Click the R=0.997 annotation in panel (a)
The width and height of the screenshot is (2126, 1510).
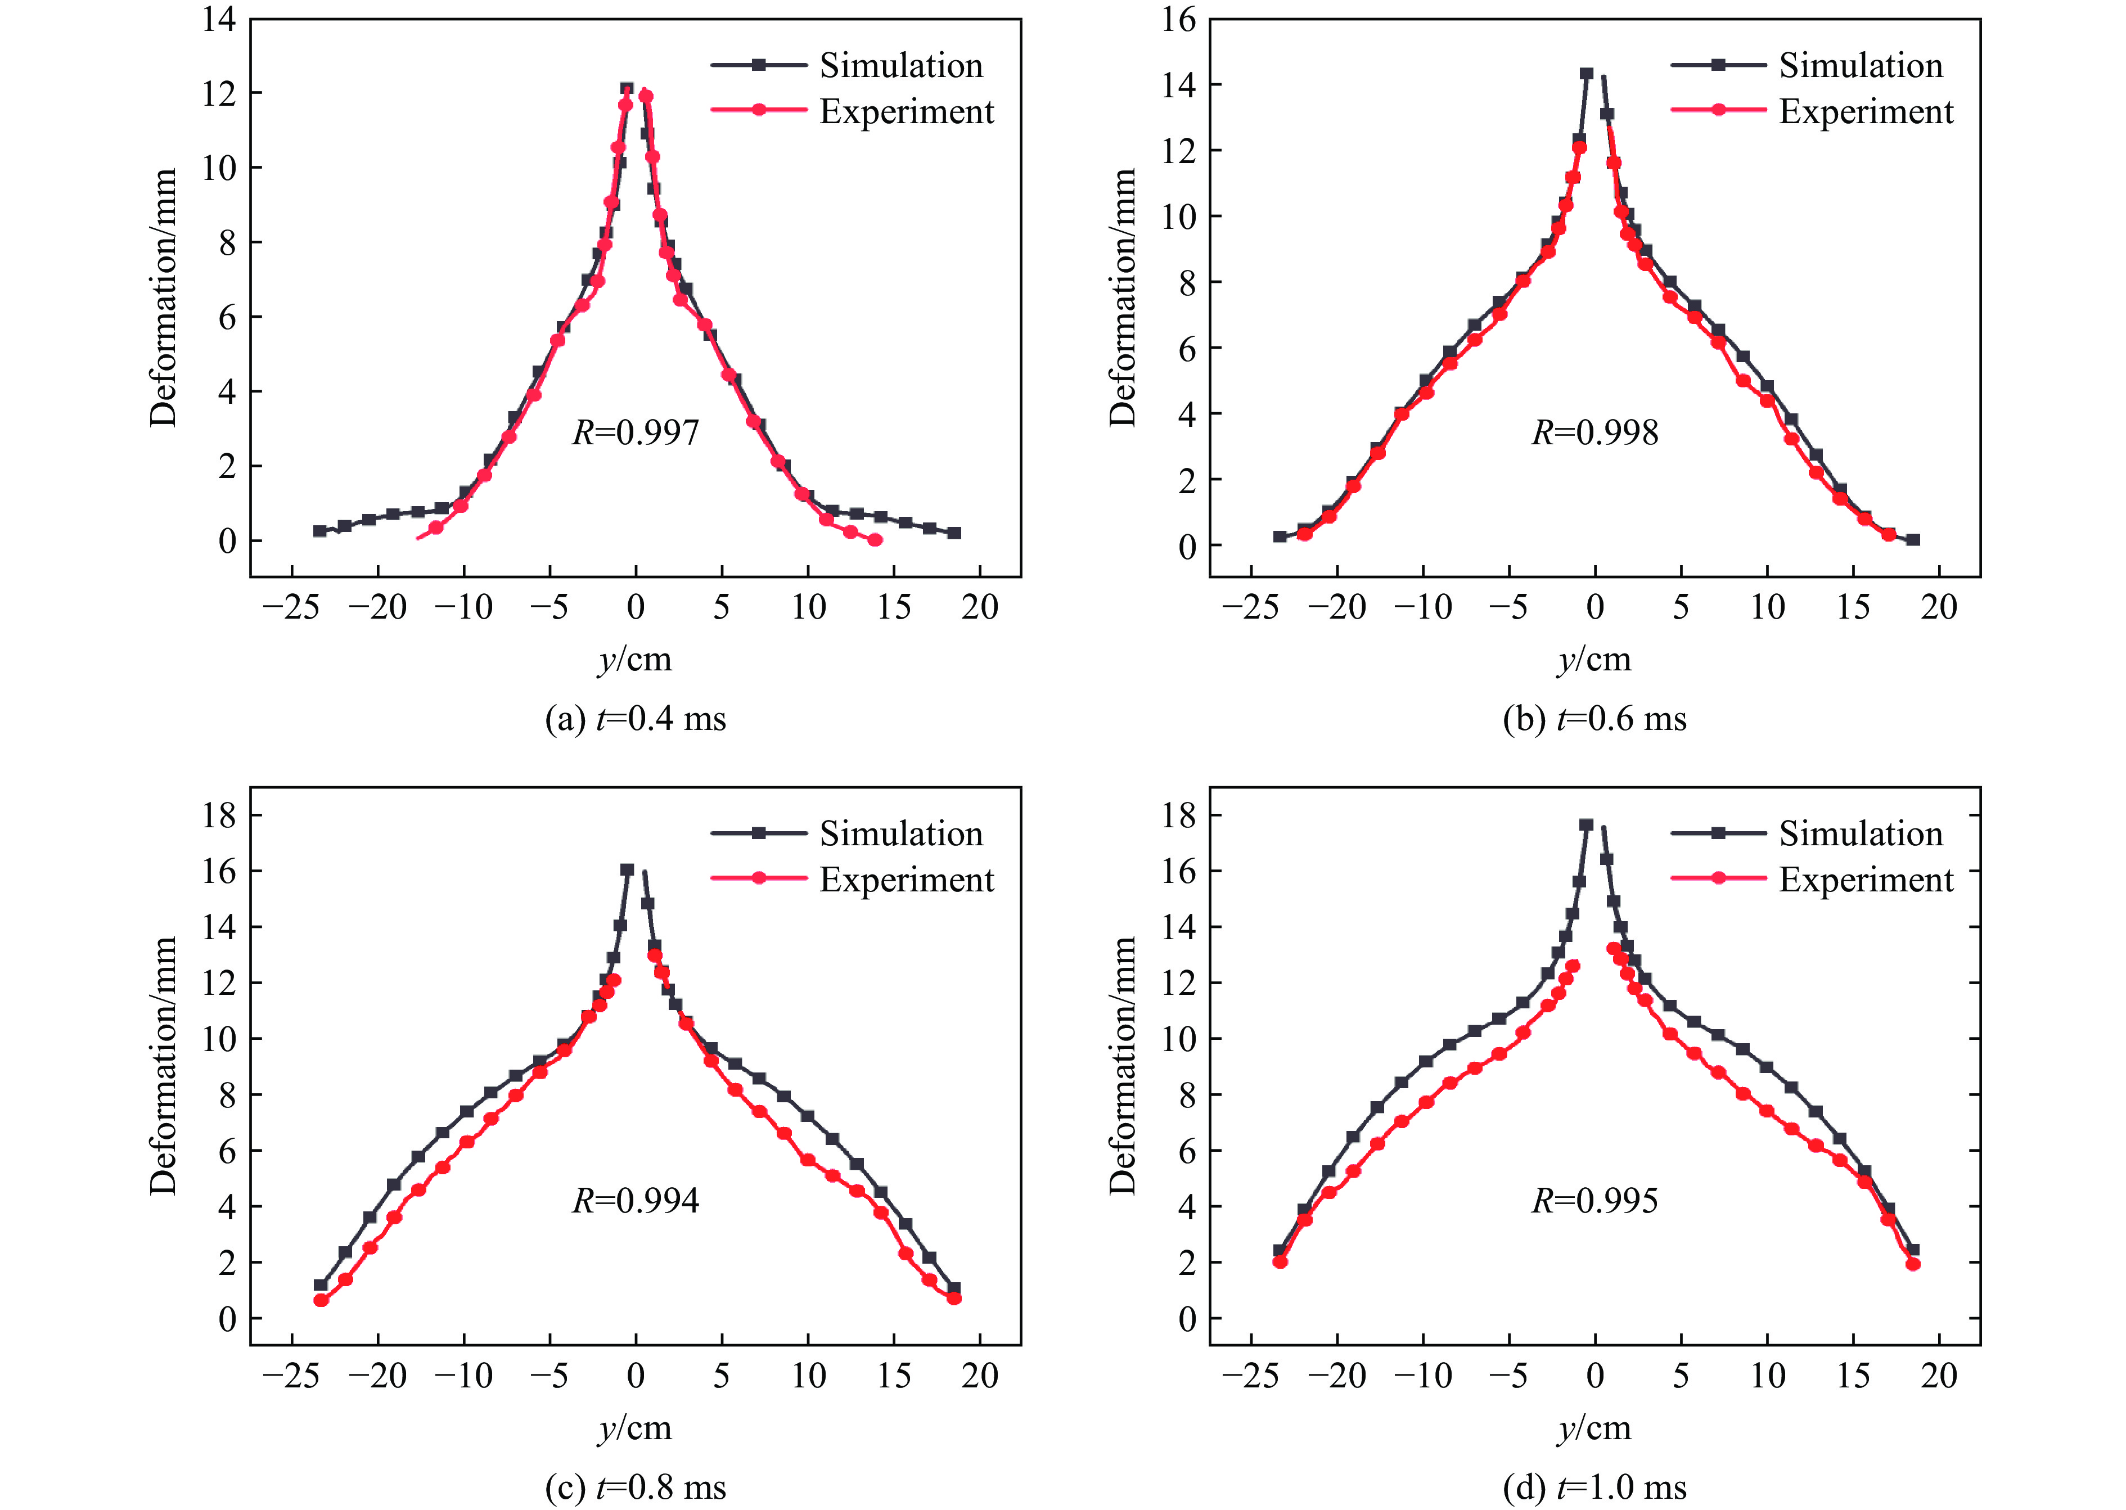(x=635, y=432)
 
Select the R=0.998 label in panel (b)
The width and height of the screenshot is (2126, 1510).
(x=1594, y=432)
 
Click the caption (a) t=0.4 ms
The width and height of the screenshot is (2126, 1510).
(x=635, y=719)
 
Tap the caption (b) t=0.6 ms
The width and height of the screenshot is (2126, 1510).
(x=1594, y=719)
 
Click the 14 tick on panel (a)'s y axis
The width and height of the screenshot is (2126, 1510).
(x=219, y=19)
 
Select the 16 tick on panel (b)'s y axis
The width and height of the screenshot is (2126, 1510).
(x=1179, y=19)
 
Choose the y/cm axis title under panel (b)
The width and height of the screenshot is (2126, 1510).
(x=1594, y=659)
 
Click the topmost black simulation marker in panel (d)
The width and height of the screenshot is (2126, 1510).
(x=1587, y=824)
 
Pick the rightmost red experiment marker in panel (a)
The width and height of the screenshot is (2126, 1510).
(x=875, y=540)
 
